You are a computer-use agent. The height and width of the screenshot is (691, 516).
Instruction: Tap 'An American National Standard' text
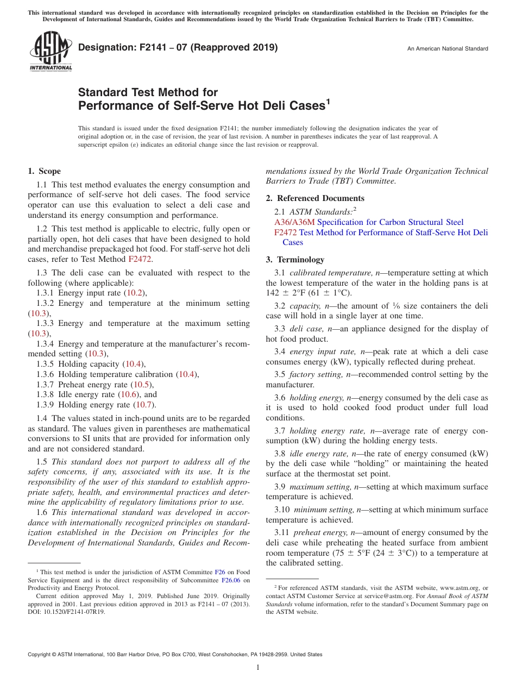pos(447,49)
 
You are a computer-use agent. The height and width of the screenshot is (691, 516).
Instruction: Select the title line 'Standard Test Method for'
pos(148,92)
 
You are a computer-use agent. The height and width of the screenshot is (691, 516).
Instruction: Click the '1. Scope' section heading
pos(45,171)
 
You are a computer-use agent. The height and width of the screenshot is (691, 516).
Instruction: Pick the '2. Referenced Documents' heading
pos(315,198)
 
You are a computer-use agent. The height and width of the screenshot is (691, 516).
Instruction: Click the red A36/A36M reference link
pos(294,222)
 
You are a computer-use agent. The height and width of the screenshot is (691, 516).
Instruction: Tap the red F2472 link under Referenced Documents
pos(285,233)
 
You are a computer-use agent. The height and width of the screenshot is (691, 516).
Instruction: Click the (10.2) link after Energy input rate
pos(135,293)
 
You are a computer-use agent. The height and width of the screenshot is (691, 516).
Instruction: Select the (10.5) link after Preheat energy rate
pos(143,385)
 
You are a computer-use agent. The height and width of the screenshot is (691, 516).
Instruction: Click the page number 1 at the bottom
pos(258,667)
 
